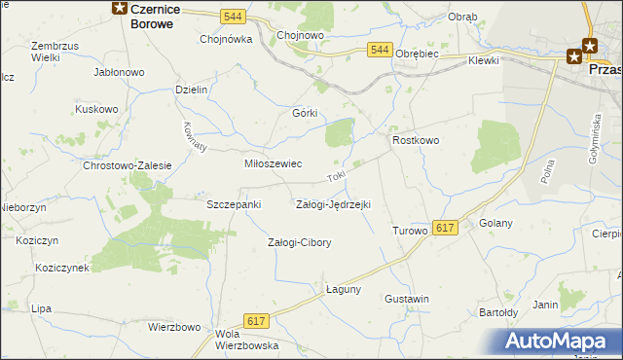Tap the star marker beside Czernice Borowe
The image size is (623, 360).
coord(118,9)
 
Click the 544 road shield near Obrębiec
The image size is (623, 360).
coord(380,50)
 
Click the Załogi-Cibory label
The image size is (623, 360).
coord(300,243)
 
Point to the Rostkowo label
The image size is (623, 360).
coord(416,141)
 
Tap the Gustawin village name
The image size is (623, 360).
coord(407,299)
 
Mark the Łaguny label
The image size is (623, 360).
coord(343,289)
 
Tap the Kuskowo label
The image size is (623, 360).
coord(96,110)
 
